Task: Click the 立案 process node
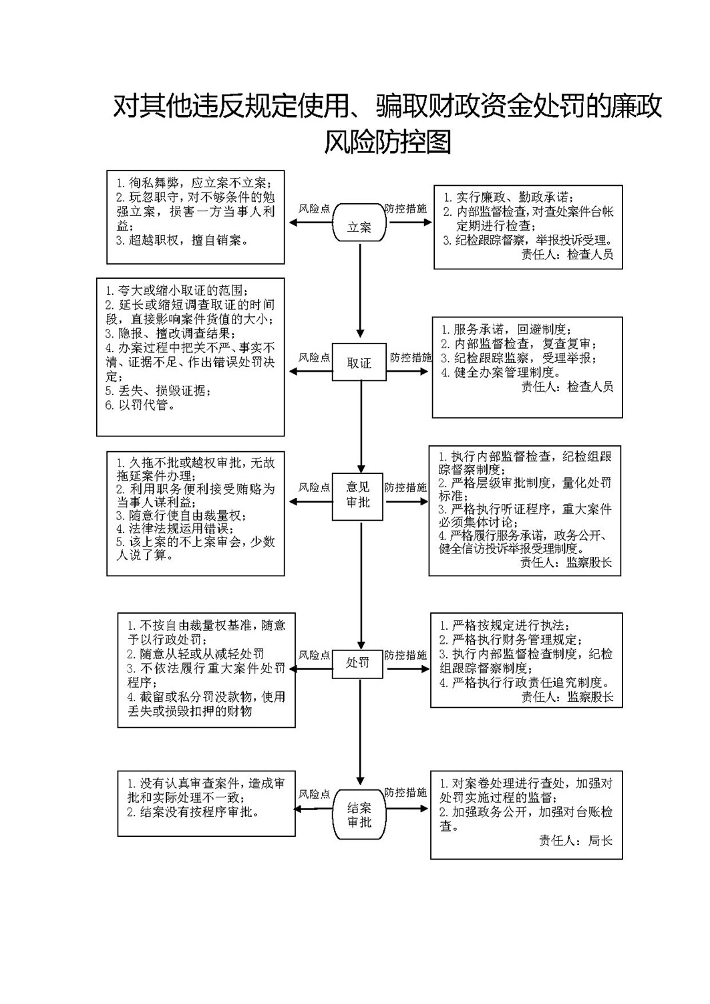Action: pos(359,223)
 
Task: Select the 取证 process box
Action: pos(359,362)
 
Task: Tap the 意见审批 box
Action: pos(357,497)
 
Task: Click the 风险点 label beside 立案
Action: pos(314,209)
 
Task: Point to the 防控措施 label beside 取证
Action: pos(411,357)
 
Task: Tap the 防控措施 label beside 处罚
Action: pos(405,655)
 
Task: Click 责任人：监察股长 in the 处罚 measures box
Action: pos(567,697)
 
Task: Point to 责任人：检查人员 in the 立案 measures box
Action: pos(567,255)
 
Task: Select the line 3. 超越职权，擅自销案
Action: pos(183,240)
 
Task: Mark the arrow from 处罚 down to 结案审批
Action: pos(360,731)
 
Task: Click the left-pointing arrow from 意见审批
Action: pos(311,502)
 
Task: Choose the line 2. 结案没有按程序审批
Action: pos(194,812)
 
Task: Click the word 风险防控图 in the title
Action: pos(387,142)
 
